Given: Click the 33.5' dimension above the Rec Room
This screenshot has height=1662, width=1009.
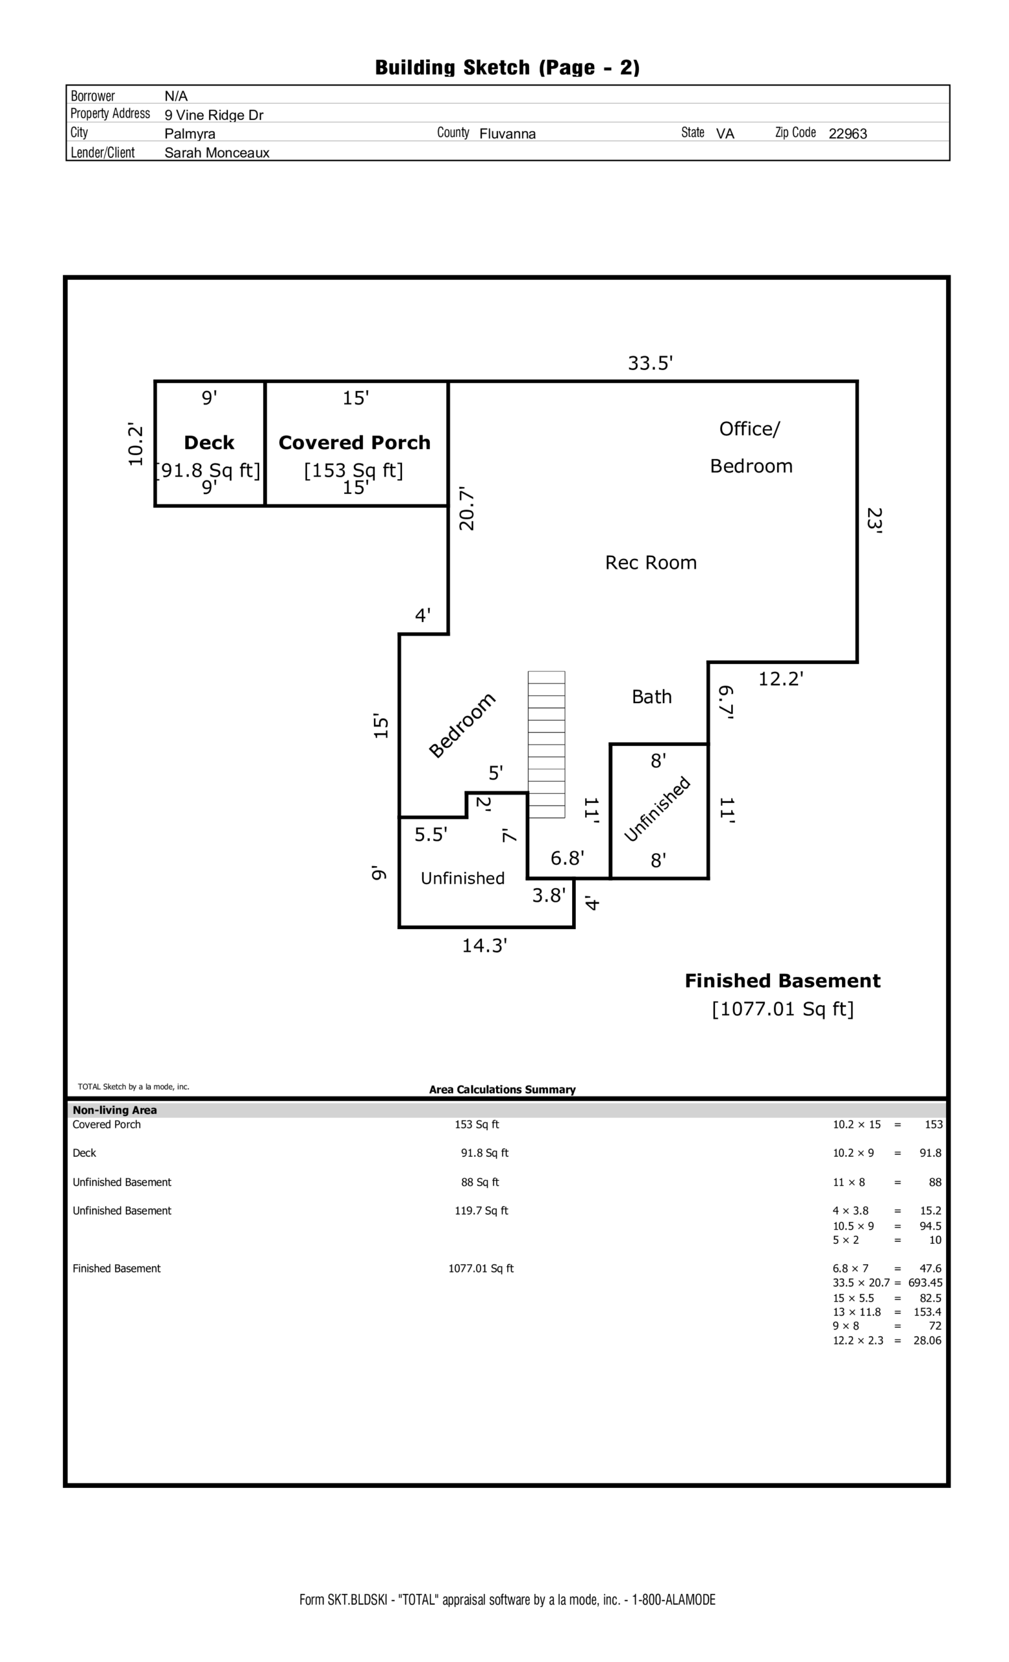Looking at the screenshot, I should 650,364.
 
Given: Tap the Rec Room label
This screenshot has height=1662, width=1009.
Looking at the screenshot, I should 650,562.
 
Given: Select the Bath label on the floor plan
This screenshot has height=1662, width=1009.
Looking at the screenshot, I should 651,697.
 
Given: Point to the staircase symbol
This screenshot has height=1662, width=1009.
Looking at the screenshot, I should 546,744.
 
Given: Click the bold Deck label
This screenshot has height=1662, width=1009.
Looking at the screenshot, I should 209,443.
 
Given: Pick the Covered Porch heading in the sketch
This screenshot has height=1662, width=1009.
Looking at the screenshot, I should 354,443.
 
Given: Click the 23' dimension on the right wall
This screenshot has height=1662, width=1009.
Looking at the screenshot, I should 874,521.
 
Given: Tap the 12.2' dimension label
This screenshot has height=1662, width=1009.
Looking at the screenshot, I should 780,679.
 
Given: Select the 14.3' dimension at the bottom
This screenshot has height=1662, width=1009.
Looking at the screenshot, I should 484,946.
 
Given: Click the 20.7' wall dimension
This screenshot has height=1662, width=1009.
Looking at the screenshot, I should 467,509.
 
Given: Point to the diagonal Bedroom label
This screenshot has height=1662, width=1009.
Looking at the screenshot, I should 463,725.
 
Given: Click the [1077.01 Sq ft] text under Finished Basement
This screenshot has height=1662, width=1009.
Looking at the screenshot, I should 782,1009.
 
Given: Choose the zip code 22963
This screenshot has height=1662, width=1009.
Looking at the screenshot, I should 848,134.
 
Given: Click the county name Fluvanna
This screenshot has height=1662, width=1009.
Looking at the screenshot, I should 507,134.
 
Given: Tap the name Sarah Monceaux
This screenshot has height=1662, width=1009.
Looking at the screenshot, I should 216,153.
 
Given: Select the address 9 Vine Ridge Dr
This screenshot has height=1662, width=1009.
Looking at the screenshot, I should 214,116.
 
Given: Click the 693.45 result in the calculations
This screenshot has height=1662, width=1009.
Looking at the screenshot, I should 925,1283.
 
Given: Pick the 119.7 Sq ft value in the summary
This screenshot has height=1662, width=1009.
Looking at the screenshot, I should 481,1211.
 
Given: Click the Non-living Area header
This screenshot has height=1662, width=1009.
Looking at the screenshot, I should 115,1110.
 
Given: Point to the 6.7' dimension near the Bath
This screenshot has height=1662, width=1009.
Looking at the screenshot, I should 726,702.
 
